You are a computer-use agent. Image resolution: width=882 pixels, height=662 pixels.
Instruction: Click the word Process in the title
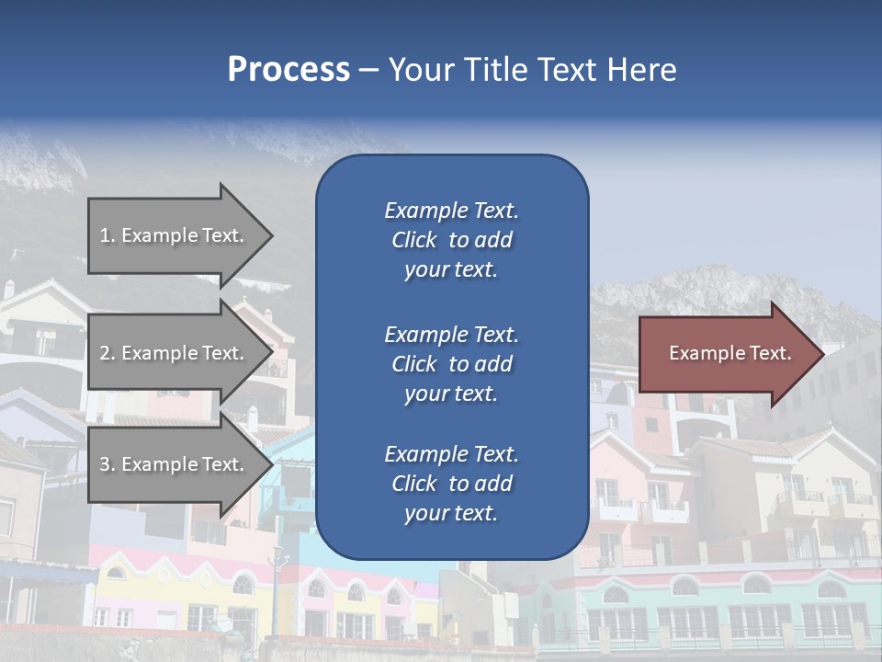coord(288,70)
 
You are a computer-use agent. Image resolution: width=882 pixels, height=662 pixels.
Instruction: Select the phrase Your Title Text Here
coord(532,70)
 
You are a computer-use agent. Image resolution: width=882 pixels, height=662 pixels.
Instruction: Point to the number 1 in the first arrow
coord(105,235)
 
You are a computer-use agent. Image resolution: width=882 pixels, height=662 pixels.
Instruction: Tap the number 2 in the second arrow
coord(106,353)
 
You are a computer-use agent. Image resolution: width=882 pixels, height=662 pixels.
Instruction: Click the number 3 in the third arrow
coord(106,464)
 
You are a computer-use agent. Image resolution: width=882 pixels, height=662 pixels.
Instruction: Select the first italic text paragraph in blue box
coord(451,240)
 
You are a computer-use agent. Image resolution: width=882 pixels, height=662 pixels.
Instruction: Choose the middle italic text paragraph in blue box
coord(451,364)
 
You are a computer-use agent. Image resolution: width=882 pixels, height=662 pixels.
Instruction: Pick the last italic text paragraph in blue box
coord(451,484)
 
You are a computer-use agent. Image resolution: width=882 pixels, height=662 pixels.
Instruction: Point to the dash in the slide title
coord(368,71)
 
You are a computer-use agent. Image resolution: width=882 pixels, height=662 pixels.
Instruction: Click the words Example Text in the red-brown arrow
coord(730,353)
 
